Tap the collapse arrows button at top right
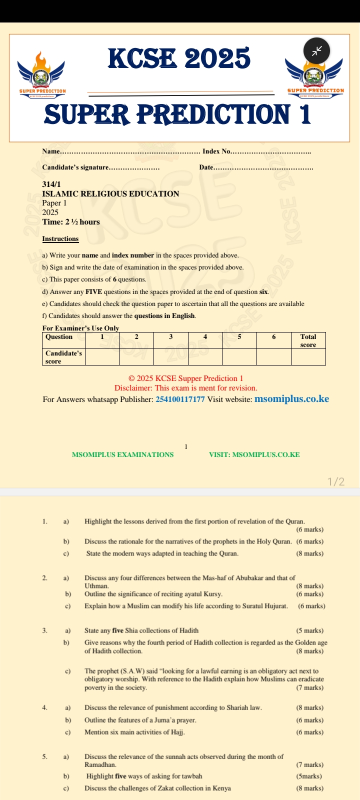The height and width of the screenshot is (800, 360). pyautogui.click(x=316, y=50)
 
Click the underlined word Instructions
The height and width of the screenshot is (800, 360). pyautogui.click(x=60, y=239)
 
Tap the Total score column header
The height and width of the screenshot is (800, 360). pyautogui.click(x=308, y=340)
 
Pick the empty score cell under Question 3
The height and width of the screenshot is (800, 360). pyautogui.click(x=170, y=356)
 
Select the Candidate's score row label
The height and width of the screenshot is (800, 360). pyautogui.click(x=63, y=357)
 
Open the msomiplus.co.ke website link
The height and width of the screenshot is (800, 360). pyautogui.click(x=291, y=398)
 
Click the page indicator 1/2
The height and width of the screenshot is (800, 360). pyautogui.click(x=336, y=481)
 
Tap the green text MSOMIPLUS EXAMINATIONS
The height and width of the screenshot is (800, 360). pyautogui.click(x=123, y=454)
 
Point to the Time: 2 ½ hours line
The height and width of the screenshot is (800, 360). pyautogui.click(x=71, y=222)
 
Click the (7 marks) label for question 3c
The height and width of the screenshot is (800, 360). pyautogui.click(x=309, y=687)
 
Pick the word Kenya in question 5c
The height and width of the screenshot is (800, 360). pyautogui.click(x=221, y=788)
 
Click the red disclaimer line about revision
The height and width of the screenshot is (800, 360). pyautogui.click(x=185, y=388)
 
